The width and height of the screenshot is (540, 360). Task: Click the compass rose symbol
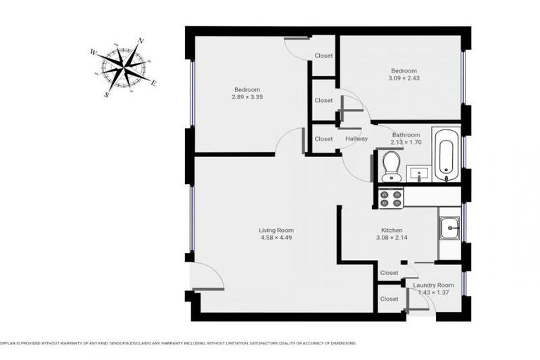pos(124,67)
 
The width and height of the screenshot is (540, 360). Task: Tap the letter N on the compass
pos(141,41)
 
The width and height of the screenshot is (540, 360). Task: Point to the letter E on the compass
pos(153,83)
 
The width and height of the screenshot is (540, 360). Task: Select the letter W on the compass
pos(93,52)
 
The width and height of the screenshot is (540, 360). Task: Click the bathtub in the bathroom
pos(446,154)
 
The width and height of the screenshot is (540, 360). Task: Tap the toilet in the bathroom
pos(390,166)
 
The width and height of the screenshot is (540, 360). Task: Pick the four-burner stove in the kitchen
pos(391,199)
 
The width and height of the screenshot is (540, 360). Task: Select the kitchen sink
pos(449,227)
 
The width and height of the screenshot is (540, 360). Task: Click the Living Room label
pos(276,230)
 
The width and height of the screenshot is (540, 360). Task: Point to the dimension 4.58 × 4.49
pos(276,238)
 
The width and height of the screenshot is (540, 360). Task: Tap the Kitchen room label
pos(392,230)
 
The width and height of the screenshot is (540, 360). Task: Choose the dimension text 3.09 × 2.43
pos(404,78)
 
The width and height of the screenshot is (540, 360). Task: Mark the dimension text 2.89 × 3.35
pos(247,97)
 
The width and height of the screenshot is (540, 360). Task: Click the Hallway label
pos(356,139)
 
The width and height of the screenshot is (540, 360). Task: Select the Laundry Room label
pos(434,285)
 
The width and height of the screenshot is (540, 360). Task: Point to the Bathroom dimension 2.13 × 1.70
pos(406,142)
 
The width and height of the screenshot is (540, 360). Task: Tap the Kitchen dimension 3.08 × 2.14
pos(392,238)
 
